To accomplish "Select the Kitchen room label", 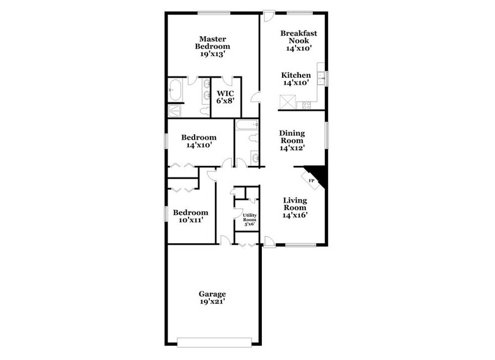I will click(x=296, y=75).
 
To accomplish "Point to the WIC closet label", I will click(x=225, y=94).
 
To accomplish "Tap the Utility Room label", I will click(x=250, y=217).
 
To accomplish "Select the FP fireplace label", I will click(x=311, y=181).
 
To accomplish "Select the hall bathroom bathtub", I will click(x=247, y=126).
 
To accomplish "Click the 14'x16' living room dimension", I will click(x=294, y=215).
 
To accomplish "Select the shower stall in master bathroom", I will click(x=175, y=111).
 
